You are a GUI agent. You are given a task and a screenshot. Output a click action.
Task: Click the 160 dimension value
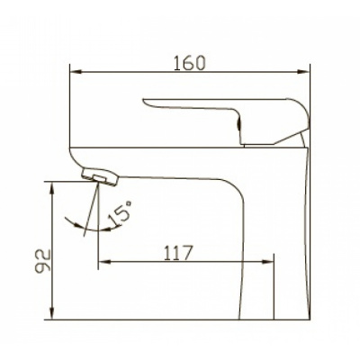pyautogui.click(x=190, y=63)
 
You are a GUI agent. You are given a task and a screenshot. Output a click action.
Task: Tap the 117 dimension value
pyautogui.click(x=177, y=253)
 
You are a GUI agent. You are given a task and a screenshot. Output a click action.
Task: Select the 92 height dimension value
pyautogui.click(x=42, y=261)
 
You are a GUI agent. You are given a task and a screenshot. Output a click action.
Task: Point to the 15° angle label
pyautogui.click(x=120, y=213)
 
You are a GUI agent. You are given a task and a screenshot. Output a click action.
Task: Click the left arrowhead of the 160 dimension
pyautogui.click(x=76, y=72)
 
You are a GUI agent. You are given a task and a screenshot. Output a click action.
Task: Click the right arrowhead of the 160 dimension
pyautogui.click(x=303, y=72)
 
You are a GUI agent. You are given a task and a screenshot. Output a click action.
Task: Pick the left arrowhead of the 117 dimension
pyautogui.click(x=105, y=262)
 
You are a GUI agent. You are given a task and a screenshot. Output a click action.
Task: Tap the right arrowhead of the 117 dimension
pyautogui.click(x=267, y=262)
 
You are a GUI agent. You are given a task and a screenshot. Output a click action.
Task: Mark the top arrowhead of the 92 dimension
pyautogui.click(x=52, y=188)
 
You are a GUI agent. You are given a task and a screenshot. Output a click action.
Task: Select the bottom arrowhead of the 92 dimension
pyautogui.click(x=52, y=313)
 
